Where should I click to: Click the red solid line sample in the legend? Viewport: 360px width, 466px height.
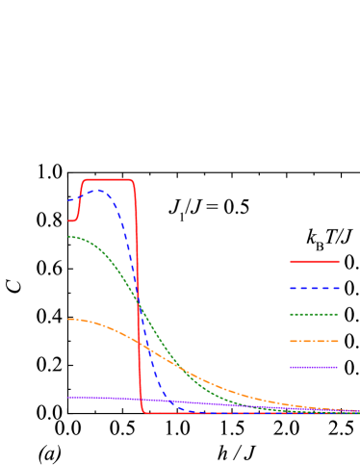[x=315, y=261]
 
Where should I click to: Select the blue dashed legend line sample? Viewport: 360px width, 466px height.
[x=315, y=288]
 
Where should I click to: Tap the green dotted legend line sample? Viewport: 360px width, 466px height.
[x=315, y=314]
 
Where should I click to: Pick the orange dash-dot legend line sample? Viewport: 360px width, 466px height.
[x=315, y=341]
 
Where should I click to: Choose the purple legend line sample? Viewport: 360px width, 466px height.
[x=315, y=367]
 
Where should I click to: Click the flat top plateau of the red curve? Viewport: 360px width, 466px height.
[x=108, y=180]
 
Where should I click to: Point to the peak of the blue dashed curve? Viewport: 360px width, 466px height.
[x=97, y=191]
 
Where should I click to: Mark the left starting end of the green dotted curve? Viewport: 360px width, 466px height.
[x=69, y=237]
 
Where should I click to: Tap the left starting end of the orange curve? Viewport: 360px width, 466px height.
[x=69, y=320]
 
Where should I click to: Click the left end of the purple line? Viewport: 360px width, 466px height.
[x=69, y=397]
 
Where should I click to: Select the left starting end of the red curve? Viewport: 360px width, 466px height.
[x=69, y=220]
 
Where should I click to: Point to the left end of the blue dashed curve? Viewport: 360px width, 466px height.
[x=69, y=200]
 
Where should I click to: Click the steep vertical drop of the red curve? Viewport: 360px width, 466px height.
[x=138, y=289]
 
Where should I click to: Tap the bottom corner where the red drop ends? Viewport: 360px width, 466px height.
[x=143, y=411]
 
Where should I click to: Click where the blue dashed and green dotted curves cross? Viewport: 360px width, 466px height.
[x=138, y=300]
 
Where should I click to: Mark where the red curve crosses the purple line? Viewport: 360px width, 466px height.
[x=141, y=400]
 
